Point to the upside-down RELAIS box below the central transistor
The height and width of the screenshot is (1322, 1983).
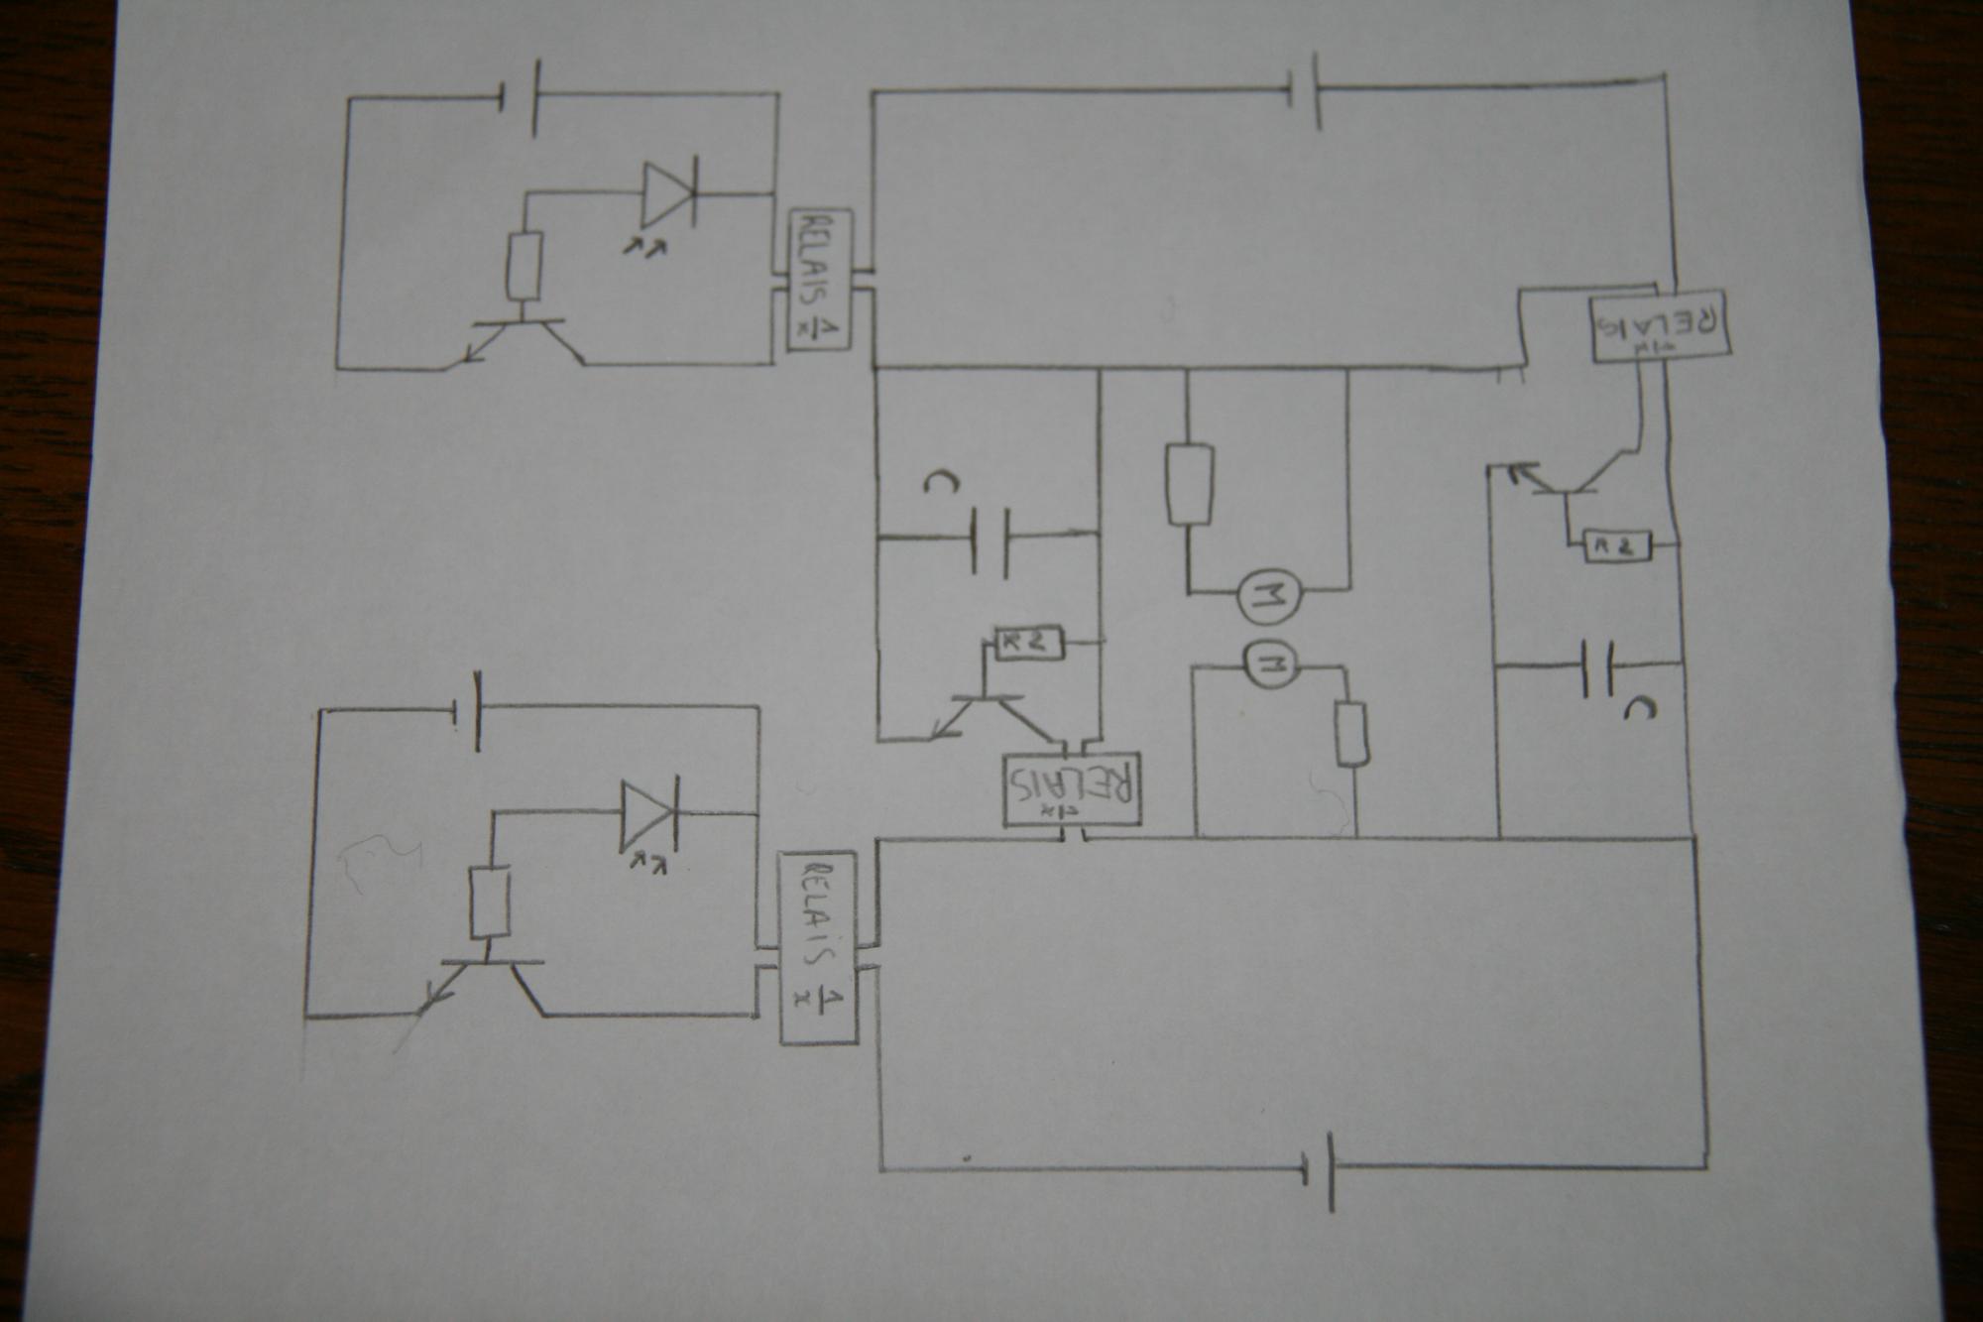[x=1073, y=790]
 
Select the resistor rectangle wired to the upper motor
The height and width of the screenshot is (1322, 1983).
[x=1189, y=485]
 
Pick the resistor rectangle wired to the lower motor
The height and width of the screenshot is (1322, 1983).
[x=1349, y=734]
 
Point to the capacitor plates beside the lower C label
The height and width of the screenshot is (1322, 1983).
[x=1597, y=666]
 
